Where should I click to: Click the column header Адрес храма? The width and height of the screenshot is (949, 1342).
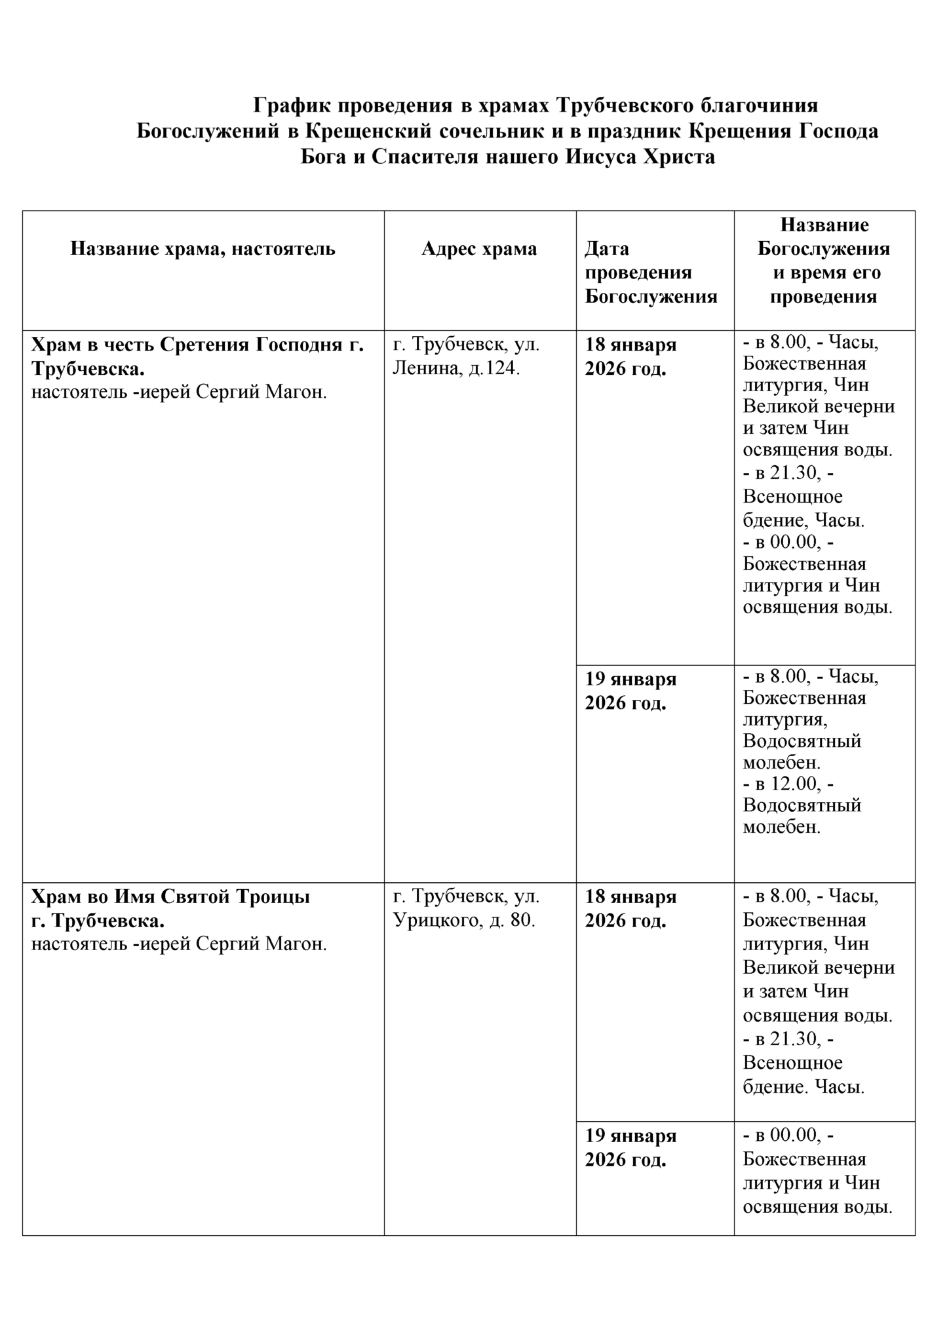click(x=479, y=249)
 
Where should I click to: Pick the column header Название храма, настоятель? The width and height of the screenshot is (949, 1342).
click(x=203, y=249)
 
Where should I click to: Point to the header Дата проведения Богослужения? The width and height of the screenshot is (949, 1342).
click(x=651, y=273)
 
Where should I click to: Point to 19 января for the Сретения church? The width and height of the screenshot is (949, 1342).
click(x=630, y=680)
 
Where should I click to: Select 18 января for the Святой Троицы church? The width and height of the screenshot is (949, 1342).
click(x=630, y=896)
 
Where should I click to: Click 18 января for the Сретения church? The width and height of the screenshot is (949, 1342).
click(x=630, y=345)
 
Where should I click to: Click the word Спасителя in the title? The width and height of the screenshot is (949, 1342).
click(x=426, y=157)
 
